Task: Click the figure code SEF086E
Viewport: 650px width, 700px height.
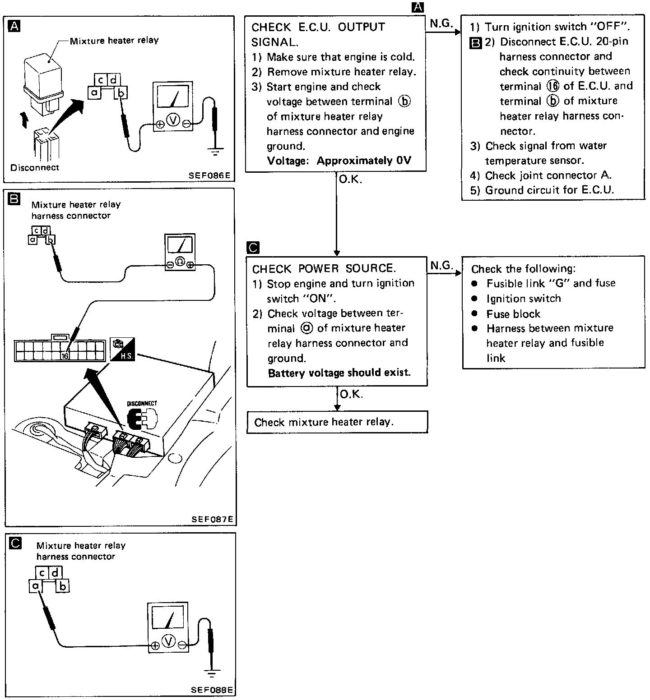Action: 210,175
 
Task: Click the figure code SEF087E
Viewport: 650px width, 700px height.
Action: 212,519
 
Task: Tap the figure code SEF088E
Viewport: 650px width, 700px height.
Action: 211,690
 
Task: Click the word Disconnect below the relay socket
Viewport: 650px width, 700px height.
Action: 35,167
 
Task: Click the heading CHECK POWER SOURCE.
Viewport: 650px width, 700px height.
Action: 324,269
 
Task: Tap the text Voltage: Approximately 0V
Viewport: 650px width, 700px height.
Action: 339,161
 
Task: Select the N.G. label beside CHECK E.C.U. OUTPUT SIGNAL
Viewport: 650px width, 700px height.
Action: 441,24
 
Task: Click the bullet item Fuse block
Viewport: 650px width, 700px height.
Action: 513,314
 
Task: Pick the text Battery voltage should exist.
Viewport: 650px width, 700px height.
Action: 339,373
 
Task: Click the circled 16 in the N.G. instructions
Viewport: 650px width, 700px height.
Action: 552,86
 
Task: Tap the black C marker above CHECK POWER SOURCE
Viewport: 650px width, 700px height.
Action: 253,248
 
